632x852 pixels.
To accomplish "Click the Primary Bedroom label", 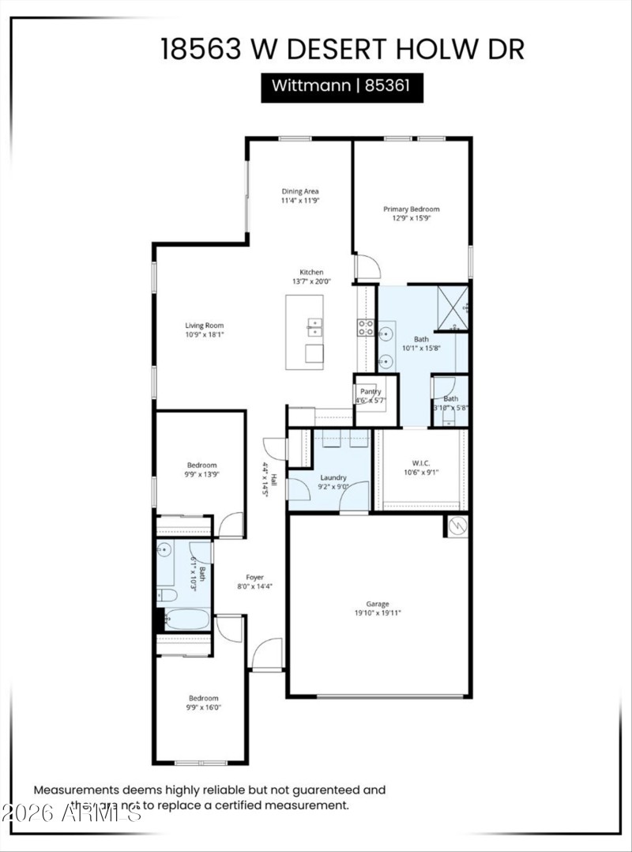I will tap(411, 209).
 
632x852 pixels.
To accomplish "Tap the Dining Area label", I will tap(300, 191).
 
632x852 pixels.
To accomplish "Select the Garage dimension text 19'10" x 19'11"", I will tap(379, 612).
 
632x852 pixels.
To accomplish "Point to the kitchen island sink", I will tap(314, 326).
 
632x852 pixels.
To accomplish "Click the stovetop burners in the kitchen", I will tap(366, 327).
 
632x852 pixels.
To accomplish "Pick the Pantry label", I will tap(371, 391).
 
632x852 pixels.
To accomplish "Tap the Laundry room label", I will tap(333, 477).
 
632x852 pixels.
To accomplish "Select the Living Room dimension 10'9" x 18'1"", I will tap(205, 334).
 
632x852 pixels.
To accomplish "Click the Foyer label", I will tap(254, 577).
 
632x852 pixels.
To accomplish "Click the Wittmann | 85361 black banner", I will tap(342, 86).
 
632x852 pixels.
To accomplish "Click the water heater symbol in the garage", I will tap(457, 526).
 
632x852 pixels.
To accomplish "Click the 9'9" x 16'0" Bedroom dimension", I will tap(203, 708).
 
